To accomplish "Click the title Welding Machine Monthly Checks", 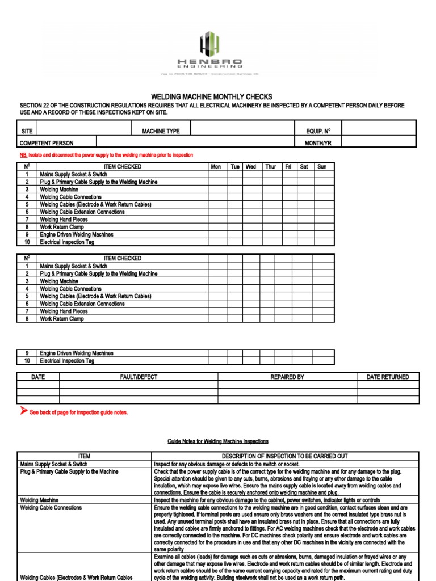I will click(x=211, y=97).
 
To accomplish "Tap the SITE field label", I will click(x=27, y=131).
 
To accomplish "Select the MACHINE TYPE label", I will click(x=161, y=131).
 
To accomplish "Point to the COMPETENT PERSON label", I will click(x=47, y=143).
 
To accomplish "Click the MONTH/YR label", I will click(x=318, y=143).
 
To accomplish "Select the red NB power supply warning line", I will click(x=106, y=155).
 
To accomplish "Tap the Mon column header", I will click(x=216, y=167).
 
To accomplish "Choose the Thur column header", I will click(x=271, y=167).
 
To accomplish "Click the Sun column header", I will click(x=322, y=167).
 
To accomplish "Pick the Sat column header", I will click(x=304, y=167).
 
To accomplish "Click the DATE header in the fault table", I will click(x=38, y=377).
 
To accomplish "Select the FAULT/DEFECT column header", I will click(x=139, y=377).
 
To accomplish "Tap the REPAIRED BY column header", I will click(x=287, y=377).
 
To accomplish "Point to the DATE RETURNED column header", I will click(x=388, y=377).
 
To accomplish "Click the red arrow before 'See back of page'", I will click(x=23, y=411).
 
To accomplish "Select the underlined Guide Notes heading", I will click(x=218, y=441).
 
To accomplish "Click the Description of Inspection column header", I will click(x=284, y=456).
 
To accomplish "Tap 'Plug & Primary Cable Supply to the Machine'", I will click(x=70, y=471).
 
